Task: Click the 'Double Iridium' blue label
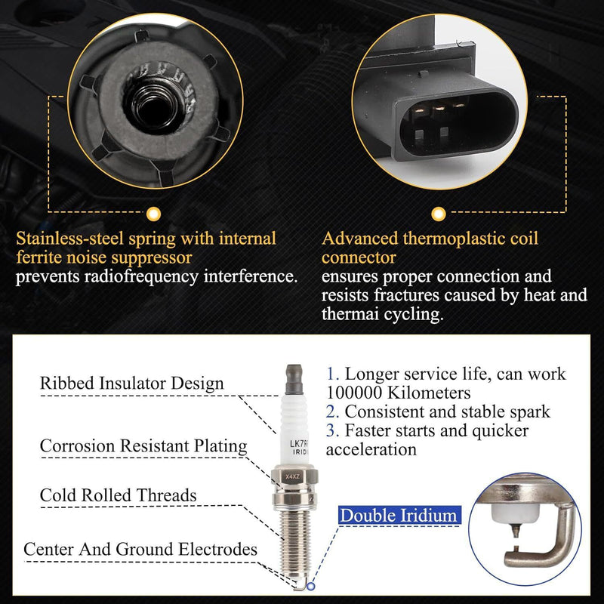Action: [x=399, y=516]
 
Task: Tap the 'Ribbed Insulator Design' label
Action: [x=131, y=384]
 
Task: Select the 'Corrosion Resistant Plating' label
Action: [x=143, y=445]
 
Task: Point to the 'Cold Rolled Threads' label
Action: [x=118, y=495]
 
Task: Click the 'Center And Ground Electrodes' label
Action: [x=140, y=549]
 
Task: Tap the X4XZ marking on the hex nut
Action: [x=293, y=476]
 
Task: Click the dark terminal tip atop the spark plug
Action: [x=294, y=380]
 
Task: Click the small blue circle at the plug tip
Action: [x=311, y=587]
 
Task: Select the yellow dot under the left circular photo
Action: [x=154, y=214]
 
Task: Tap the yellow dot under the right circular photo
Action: [x=439, y=214]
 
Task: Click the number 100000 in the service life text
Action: [x=354, y=393]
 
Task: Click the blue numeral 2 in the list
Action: [x=331, y=411]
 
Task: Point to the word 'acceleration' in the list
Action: [x=371, y=449]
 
